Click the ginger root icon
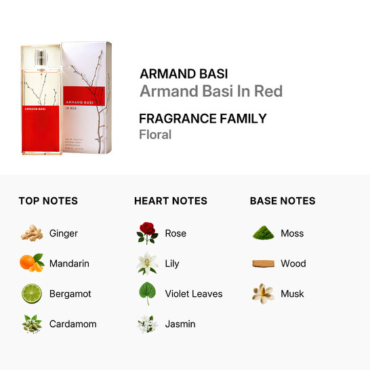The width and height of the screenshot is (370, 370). pos(31,233)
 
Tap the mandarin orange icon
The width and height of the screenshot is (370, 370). pos(31,263)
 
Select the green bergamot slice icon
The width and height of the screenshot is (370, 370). pos(31,293)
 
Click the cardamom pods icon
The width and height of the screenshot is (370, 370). pos(31,324)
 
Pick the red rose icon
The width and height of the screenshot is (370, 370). pos(147,233)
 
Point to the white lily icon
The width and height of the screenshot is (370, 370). pos(147,263)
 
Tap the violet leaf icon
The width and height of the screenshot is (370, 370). pos(147,293)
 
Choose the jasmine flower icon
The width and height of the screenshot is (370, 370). pos(147,324)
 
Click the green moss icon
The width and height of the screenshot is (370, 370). pos(262,233)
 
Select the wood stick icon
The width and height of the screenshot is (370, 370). pos(262,264)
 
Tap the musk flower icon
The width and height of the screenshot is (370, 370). pos(262,293)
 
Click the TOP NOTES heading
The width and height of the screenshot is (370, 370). pos(48,201)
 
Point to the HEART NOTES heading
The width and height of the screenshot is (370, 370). pos(171,201)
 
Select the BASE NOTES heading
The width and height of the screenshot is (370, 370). pos(283,201)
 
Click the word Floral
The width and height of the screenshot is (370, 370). pos(155,134)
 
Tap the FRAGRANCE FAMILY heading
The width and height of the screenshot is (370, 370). pos(203,119)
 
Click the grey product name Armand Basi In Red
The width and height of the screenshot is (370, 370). pos(211,91)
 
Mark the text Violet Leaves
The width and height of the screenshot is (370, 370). pos(194,293)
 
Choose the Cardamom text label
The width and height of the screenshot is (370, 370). pos(73,324)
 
